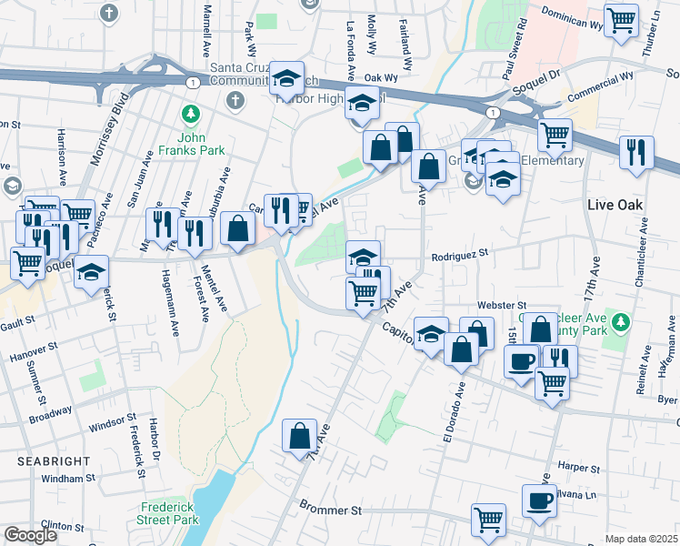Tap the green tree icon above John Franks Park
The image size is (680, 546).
click(190, 114)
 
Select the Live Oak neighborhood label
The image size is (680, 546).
click(615, 205)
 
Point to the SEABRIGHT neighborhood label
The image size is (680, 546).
click(40, 461)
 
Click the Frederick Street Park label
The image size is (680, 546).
click(169, 513)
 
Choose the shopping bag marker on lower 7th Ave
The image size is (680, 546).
click(299, 436)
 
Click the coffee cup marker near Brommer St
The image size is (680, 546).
click(539, 500)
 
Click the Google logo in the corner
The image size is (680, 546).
click(30, 535)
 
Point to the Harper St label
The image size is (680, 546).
click(575, 467)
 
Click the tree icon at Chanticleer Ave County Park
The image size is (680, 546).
click(622, 321)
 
